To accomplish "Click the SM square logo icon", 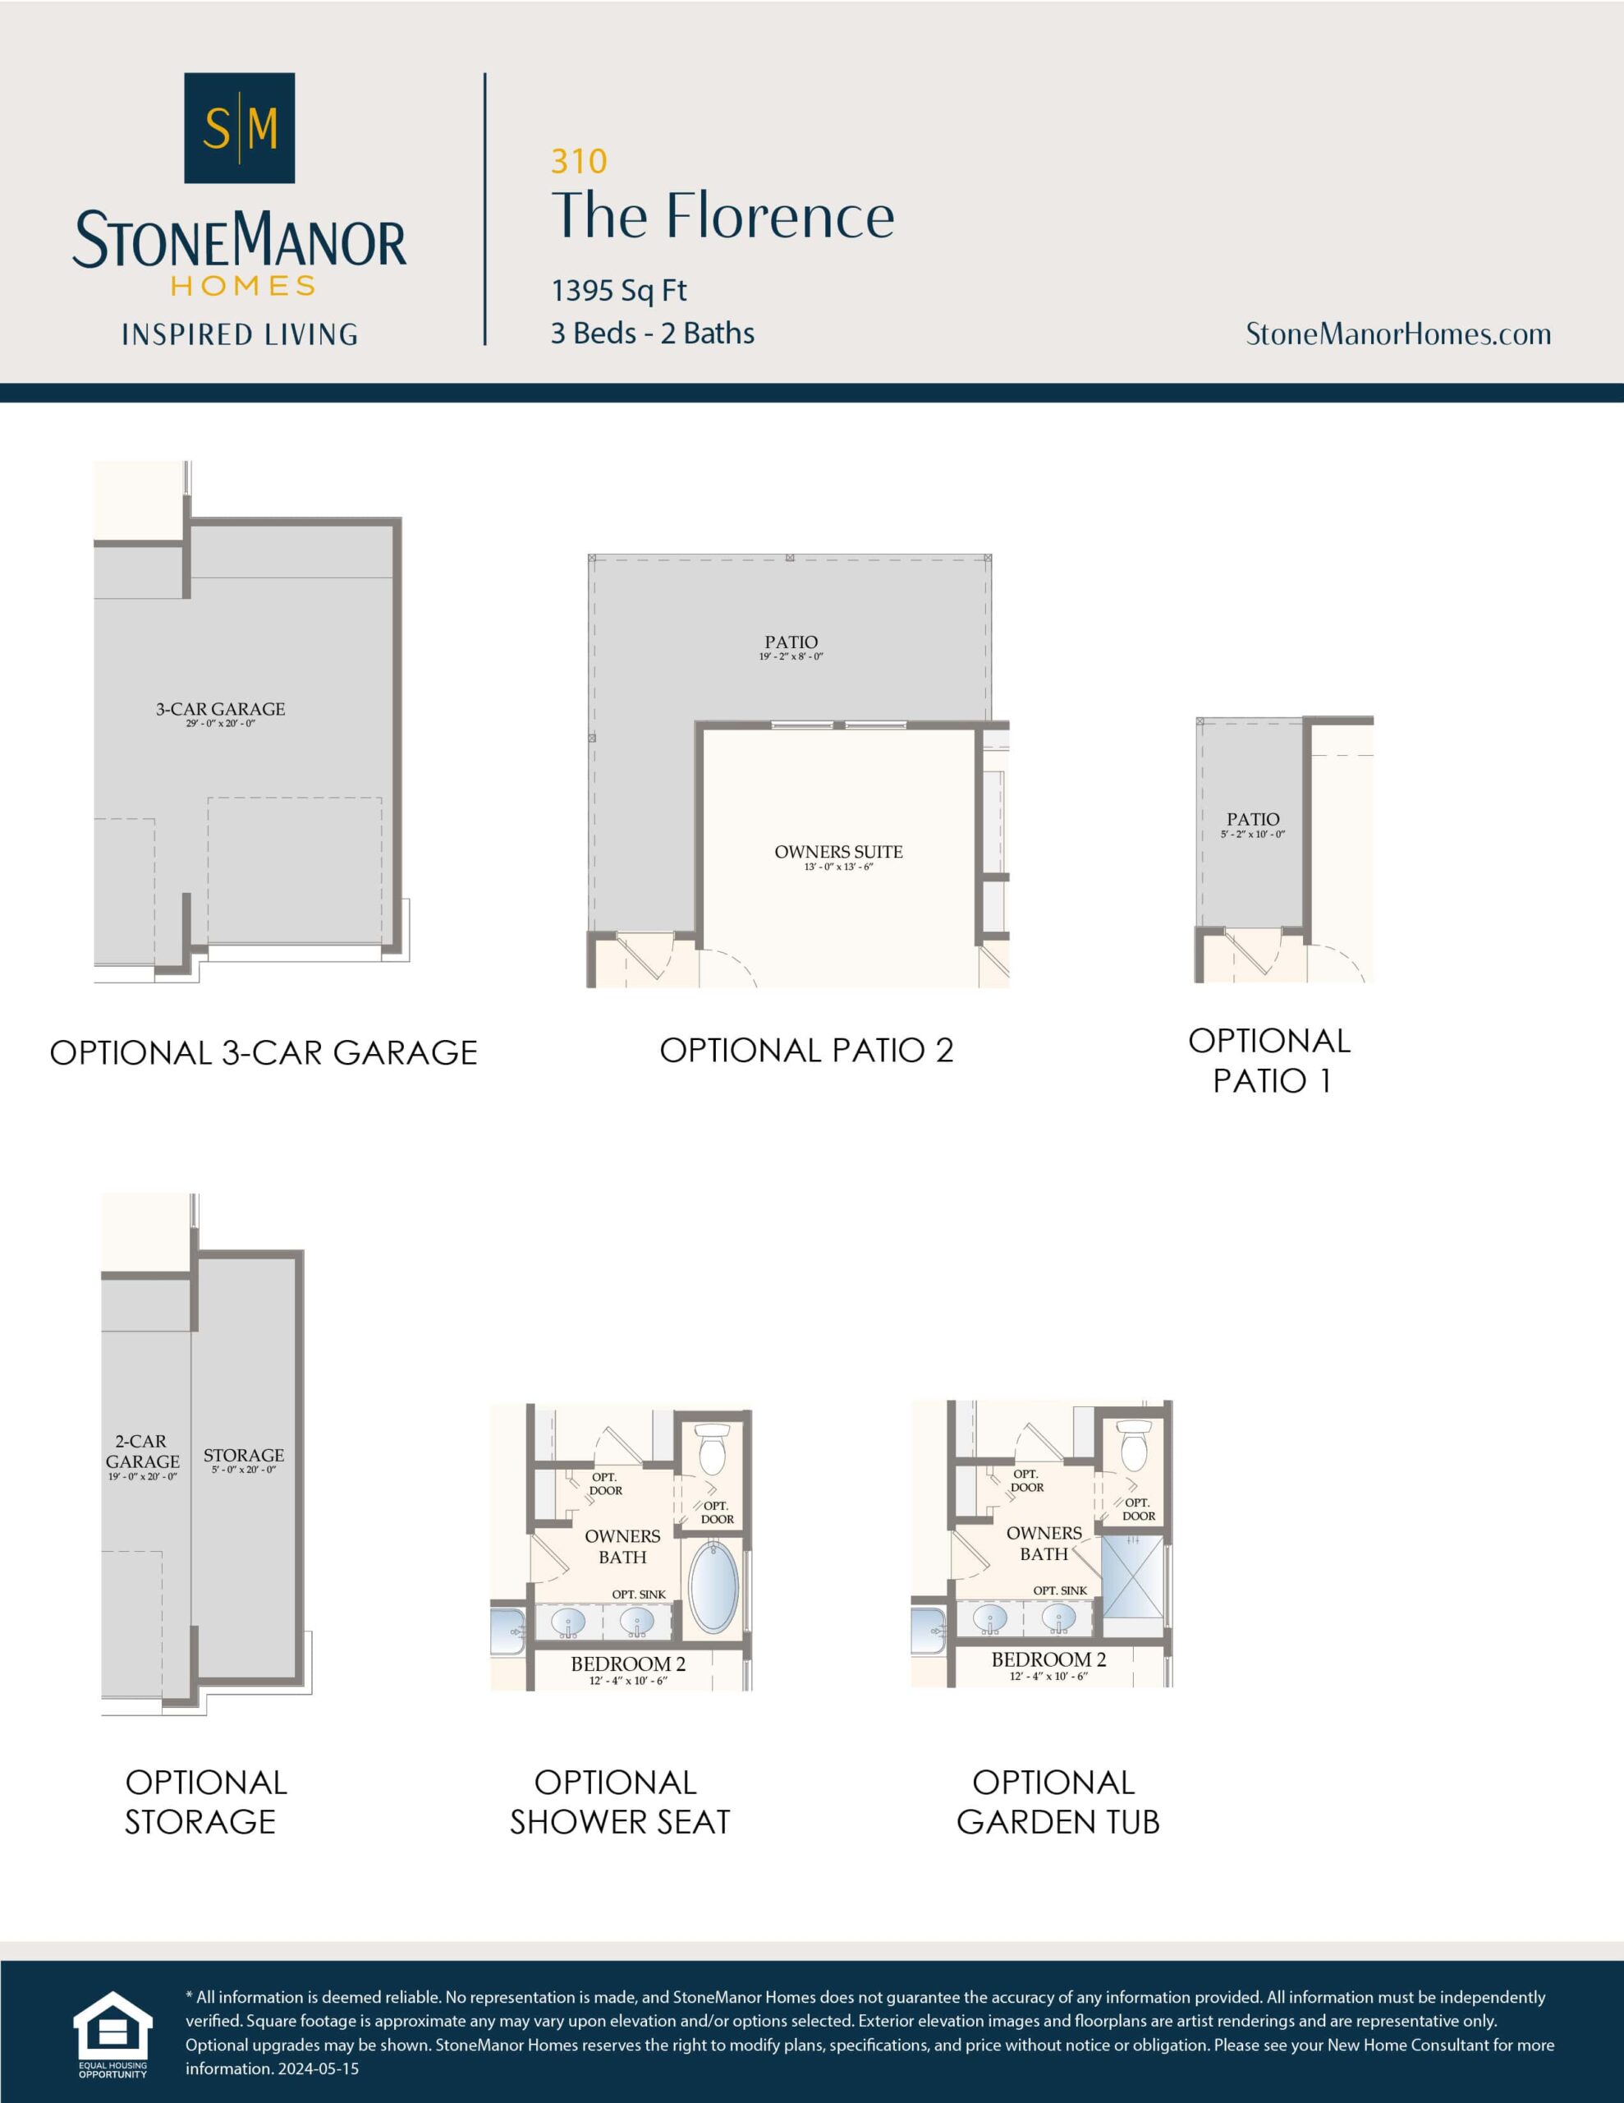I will coord(239,128).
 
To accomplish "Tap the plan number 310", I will coord(579,162).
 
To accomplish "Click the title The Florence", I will coord(722,216).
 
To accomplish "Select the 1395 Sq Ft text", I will coord(619,290).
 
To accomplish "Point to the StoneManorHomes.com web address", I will coord(1397,334).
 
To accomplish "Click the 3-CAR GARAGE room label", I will coord(221,710).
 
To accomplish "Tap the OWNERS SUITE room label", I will coord(838,852).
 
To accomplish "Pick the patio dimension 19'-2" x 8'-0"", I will coord(791,656).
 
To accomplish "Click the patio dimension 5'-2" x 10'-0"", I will coord(1252,834).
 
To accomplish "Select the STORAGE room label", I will coord(244,1455).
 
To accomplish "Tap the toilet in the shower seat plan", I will coord(711,1450).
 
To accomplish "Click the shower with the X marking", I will coord(1131,1576).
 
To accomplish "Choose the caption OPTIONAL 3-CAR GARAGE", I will coord(264,1052).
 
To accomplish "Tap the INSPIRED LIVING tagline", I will coord(240,335).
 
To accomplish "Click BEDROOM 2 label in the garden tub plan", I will coord(1048,1659).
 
